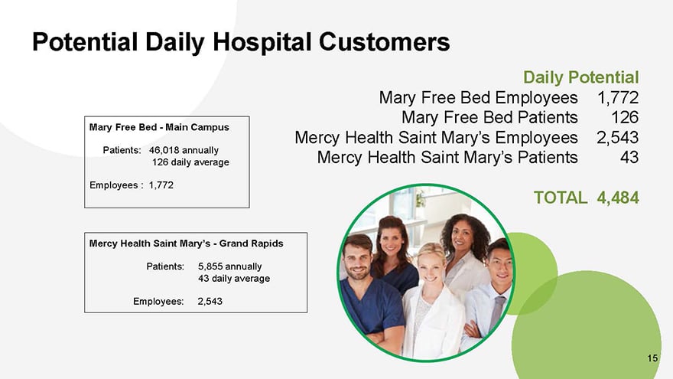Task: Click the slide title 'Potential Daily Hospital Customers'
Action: [241, 42]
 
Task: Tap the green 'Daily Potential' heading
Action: [580, 77]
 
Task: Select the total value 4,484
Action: [618, 198]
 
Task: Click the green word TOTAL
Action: [560, 198]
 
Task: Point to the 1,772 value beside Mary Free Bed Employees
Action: [618, 98]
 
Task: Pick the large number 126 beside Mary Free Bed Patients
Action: [625, 117]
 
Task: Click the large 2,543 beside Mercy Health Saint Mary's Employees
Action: [618, 138]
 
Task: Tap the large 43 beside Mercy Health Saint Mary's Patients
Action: [629, 157]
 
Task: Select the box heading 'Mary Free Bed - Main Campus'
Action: [159, 127]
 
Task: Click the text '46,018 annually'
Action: [184, 150]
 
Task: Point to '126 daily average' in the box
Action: [190, 162]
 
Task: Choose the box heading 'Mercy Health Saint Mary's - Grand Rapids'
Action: [187, 243]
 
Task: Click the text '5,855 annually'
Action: [229, 266]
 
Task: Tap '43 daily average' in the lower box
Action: [234, 279]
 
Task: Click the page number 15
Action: [652, 358]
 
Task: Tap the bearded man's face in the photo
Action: [357, 261]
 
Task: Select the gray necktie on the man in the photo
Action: [496, 312]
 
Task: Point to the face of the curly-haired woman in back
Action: [463, 237]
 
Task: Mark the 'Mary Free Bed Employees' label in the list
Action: [478, 98]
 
